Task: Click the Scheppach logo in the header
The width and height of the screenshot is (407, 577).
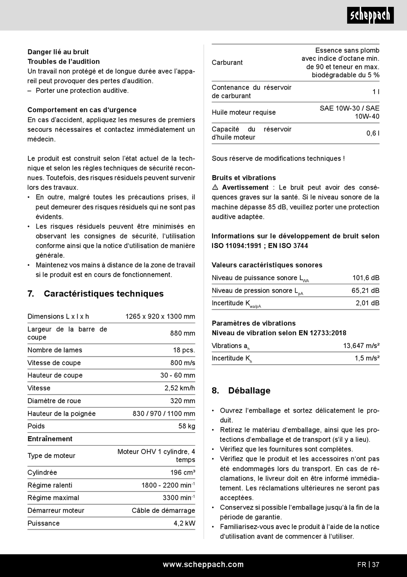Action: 370,16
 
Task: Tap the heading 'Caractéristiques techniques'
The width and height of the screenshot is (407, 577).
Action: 103,294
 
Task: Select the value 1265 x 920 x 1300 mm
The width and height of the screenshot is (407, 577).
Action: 160,317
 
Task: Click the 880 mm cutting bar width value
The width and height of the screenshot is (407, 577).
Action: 183,333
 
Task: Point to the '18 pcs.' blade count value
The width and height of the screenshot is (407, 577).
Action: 184,350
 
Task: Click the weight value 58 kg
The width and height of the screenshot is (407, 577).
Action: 187,426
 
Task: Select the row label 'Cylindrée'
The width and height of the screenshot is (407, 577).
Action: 42,473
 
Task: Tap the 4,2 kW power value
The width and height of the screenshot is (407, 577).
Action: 184,523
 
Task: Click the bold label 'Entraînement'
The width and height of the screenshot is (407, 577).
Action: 50,439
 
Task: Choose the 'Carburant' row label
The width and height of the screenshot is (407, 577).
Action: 227,62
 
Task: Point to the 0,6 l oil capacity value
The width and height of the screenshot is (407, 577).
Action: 373,134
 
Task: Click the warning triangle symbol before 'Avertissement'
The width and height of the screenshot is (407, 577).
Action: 215,187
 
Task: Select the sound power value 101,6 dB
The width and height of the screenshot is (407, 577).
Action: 365,278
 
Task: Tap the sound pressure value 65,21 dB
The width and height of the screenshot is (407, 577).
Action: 365,291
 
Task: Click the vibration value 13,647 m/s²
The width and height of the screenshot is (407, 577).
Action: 361,346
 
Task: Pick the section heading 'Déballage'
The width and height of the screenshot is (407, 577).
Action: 249,390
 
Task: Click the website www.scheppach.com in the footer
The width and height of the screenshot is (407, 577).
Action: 203,565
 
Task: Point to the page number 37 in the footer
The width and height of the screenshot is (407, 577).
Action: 375,565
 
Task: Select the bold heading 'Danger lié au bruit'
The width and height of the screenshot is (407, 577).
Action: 58,52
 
